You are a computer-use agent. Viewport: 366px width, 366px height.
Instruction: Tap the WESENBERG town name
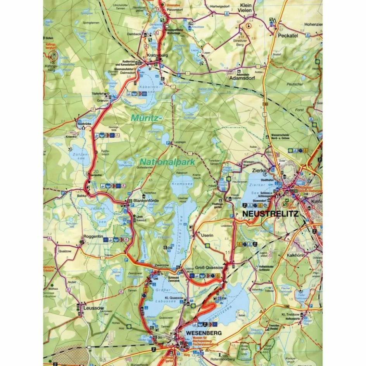[x=204, y=333]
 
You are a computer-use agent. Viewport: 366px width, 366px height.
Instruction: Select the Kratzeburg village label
[x=158, y=55]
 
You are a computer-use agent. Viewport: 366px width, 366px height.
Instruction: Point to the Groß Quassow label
[x=209, y=268]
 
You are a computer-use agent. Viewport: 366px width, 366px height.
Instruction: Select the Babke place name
[x=82, y=196]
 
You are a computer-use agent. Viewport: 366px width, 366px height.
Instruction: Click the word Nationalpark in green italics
[x=164, y=162]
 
